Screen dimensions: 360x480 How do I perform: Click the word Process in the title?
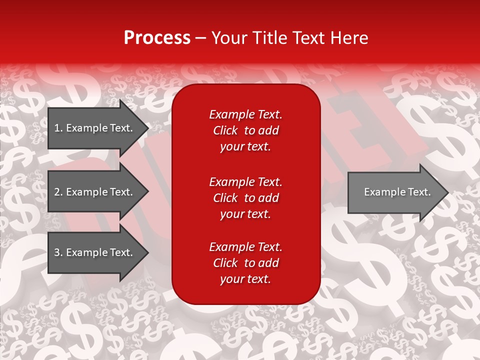coord(157,38)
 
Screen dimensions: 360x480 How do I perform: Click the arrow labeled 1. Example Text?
coord(95,128)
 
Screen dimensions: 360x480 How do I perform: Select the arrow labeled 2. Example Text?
coord(95,192)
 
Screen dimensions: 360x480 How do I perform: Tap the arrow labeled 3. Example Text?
coord(95,252)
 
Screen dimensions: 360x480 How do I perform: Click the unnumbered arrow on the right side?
coord(395,192)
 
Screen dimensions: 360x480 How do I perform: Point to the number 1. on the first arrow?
coord(58,128)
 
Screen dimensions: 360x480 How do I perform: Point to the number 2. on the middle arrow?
coord(58,192)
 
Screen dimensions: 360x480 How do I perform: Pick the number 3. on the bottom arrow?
coord(58,252)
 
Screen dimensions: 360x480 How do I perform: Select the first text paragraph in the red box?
coord(245,130)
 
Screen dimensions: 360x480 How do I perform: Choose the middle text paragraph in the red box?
coord(245,198)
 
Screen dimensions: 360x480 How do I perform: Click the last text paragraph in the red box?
coord(245,263)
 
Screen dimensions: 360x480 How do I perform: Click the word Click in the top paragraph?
coord(225,130)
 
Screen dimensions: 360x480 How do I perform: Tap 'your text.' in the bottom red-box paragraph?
coord(245,279)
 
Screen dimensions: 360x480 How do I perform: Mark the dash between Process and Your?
coord(201,38)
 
